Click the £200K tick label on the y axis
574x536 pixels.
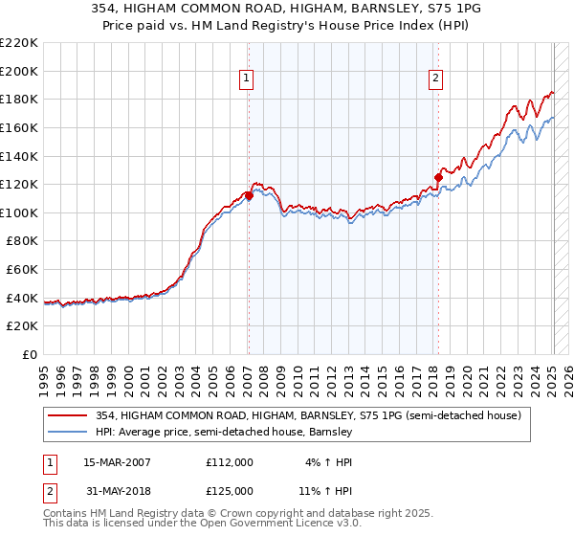(x=19, y=71)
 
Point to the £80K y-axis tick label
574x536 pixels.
(x=22, y=241)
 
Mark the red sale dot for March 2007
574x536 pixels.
(x=249, y=195)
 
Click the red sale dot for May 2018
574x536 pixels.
(x=438, y=176)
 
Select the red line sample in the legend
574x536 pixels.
(x=67, y=416)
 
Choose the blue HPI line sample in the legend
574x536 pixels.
(x=67, y=432)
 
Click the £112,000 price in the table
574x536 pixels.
(x=229, y=462)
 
